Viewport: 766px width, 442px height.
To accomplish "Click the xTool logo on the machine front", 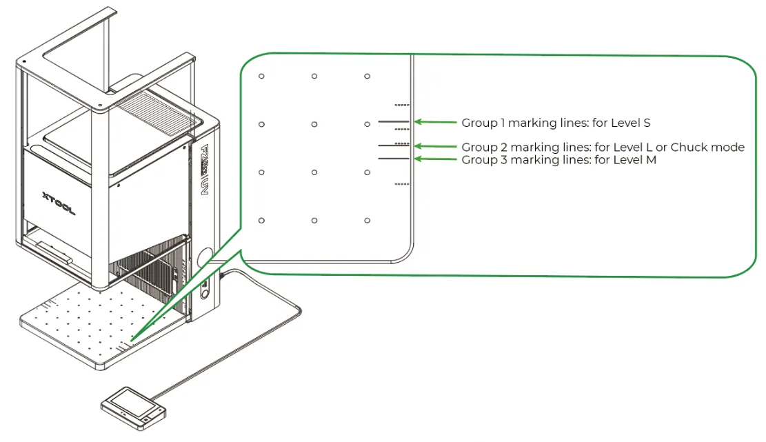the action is pos(59,203).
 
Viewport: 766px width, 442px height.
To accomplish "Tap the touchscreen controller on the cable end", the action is pos(133,408).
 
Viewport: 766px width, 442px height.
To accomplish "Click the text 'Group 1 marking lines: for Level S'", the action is pos(556,123).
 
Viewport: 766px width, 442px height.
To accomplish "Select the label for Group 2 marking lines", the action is pos(603,147).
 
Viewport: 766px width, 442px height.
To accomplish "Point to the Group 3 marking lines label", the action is pos(559,160).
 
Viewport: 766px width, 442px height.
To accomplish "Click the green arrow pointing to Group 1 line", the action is pos(435,121).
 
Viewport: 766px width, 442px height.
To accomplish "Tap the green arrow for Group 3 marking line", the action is pos(435,159).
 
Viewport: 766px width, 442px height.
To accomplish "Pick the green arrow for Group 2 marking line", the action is pos(435,146).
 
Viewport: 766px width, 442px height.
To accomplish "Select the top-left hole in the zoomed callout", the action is pos(261,76).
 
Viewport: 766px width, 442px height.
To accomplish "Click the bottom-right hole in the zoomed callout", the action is pos(367,221).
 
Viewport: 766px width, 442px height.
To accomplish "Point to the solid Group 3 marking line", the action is pos(393,159).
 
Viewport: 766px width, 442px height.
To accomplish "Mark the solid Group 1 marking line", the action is pos(393,121).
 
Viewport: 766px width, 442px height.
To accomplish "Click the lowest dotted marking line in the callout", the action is pos(401,184).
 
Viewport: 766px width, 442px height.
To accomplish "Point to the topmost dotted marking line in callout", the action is pos(401,105).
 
